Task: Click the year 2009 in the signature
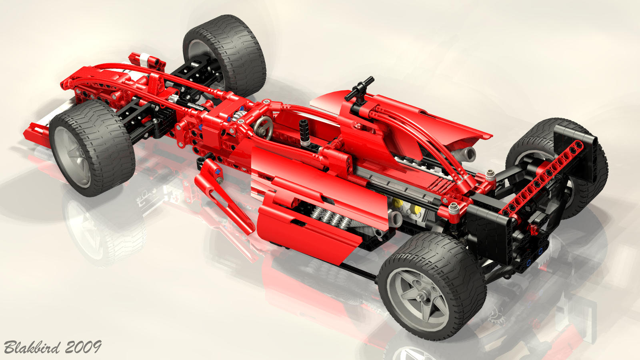pos(83,347)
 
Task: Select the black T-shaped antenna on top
pos(359,89)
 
